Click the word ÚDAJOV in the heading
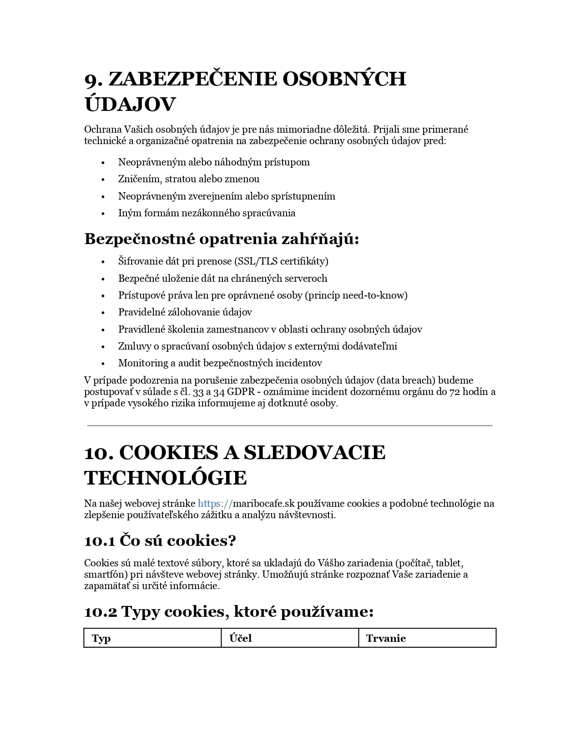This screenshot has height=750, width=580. click(x=130, y=105)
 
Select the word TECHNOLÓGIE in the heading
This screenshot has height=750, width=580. click(x=166, y=478)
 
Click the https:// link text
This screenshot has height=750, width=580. click(x=215, y=504)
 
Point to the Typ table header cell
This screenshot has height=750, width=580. click(x=101, y=638)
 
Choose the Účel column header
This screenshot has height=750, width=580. click(x=240, y=638)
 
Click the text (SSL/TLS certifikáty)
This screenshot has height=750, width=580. click(x=281, y=261)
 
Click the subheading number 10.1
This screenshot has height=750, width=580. click(x=100, y=541)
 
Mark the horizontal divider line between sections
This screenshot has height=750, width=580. click(x=290, y=425)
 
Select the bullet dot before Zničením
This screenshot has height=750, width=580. click(x=103, y=180)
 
